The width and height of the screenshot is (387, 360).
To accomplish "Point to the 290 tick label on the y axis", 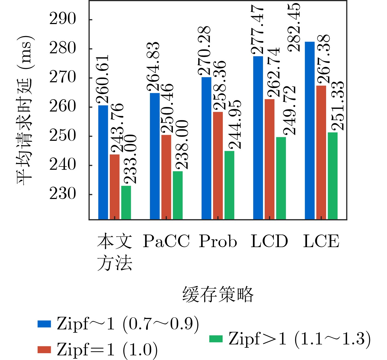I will [x=63, y=19].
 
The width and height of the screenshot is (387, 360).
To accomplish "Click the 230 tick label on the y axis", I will [x=63, y=194].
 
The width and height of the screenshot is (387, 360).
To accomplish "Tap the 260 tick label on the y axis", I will [x=63, y=107].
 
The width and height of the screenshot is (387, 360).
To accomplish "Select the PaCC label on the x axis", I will [x=166, y=241].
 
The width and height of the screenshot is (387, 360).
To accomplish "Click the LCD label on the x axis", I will [x=269, y=241].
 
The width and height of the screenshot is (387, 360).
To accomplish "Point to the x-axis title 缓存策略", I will [x=218, y=295].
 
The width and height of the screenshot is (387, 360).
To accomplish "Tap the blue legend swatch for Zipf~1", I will [x=44, y=324].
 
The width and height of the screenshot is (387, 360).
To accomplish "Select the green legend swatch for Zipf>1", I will [x=216, y=339].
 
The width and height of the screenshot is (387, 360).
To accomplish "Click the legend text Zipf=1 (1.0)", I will [x=107, y=350].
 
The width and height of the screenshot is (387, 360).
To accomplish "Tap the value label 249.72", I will [x=289, y=110].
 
